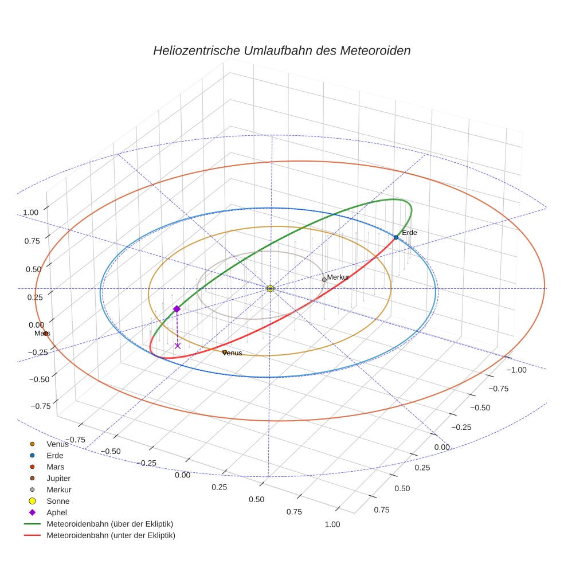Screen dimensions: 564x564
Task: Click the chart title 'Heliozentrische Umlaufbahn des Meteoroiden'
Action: tap(281, 50)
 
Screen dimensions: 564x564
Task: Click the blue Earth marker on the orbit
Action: tap(395, 237)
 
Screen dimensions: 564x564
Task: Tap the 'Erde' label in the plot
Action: tap(409, 233)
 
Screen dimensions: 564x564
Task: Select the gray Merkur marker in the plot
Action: tap(324, 280)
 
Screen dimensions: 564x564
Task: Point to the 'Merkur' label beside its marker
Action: tap(338, 277)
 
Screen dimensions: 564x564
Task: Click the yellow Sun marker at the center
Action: tap(270, 289)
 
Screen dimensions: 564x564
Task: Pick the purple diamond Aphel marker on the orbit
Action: tap(177, 309)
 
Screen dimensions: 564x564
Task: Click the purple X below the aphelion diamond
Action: tap(177, 346)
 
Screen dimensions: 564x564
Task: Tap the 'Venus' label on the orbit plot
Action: tap(232, 354)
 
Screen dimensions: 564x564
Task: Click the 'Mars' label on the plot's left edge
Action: tap(42, 333)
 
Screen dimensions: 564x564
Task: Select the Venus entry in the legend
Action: tap(57, 444)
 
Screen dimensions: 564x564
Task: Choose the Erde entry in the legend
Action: tap(54, 456)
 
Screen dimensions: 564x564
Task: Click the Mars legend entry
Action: tap(55, 467)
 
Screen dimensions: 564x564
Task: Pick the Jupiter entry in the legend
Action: tap(58, 479)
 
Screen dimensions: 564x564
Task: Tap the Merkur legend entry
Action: tap(58, 490)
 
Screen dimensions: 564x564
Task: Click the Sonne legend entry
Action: tap(58, 502)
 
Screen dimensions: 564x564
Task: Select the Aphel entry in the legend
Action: tap(57, 513)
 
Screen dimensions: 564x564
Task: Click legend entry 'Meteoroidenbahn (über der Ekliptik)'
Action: tap(109, 524)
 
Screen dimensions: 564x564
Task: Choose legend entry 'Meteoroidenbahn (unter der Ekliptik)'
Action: tap(111, 536)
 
